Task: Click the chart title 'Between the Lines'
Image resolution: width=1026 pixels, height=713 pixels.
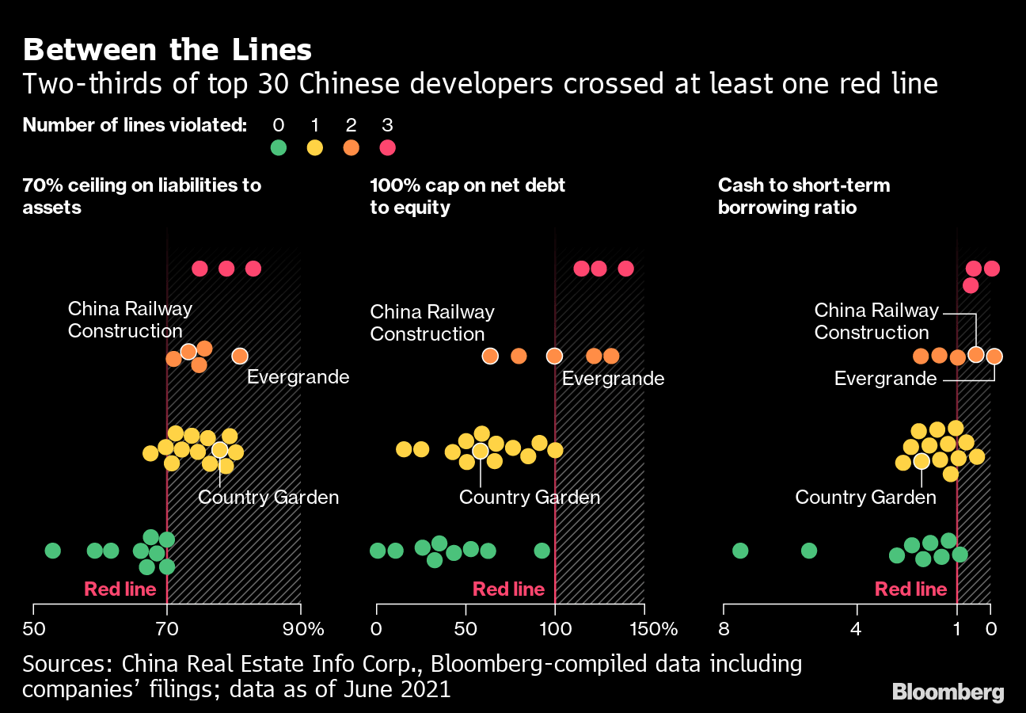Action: tap(167, 50)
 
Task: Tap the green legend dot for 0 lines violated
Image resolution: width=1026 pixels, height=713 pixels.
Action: tap(278, 147)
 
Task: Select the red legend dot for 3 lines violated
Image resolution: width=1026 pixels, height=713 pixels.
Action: tap(387, 147)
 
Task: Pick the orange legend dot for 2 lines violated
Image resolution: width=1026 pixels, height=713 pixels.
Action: tap(351, 147)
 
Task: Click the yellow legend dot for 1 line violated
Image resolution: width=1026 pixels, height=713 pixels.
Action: tap(314, 147)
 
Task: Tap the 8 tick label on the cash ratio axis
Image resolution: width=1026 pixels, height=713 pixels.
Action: tap(724, 630)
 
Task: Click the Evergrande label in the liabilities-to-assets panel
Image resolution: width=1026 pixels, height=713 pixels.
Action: tap(298, 376)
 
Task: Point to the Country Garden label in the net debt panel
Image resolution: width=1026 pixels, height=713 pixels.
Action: tap(530, 498)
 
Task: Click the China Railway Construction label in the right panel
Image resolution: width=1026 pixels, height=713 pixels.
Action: tap(876, 321)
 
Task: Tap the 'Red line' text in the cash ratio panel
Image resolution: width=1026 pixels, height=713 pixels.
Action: tap(910, 589)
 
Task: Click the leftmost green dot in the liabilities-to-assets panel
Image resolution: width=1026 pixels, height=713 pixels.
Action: tap(52, 551)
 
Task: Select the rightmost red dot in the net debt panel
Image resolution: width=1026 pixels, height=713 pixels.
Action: tap(625, 269)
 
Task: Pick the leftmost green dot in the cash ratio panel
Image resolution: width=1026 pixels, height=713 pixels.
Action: tap(740, 551)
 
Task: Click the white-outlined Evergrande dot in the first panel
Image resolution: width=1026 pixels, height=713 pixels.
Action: tap(240, 356)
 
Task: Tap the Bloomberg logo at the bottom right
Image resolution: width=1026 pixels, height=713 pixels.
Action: tap(948, 692)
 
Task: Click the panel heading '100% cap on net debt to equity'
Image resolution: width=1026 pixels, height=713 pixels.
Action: tap(468, 196)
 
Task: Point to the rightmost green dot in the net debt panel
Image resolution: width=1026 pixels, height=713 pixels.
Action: tap(541, 551)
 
